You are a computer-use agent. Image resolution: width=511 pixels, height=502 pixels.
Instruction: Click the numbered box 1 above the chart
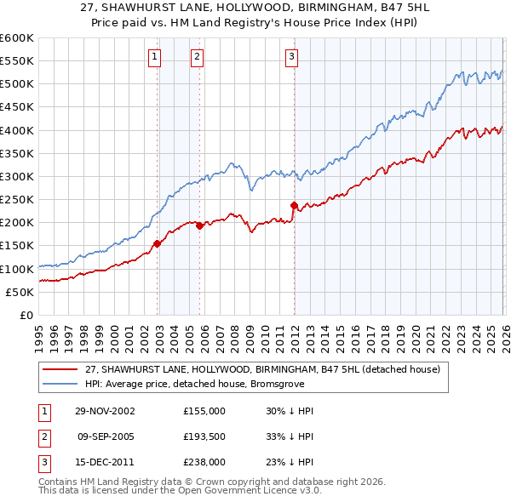click(155, 57)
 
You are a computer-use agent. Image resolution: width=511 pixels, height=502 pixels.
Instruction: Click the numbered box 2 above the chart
click(197, 57)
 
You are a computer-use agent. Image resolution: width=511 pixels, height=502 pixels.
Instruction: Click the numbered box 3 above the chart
click(291, 57)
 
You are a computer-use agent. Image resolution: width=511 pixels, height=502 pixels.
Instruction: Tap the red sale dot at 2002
click(158, 243)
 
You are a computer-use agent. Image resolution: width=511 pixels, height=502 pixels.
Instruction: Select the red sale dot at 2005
click(199, 225)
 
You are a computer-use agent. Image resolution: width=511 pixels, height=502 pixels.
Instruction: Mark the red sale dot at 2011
click(294, 205)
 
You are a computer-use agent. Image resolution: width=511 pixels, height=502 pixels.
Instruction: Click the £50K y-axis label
click(20, 292)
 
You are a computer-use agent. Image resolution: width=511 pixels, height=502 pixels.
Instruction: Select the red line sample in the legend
click(61, 369)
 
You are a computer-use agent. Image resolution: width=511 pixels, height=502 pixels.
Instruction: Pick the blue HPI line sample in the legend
click(61, 384)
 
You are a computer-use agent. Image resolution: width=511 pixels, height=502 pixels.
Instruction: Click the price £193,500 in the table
click(204, 436)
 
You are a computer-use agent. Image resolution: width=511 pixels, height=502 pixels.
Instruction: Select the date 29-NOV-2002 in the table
click(106, 411)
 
